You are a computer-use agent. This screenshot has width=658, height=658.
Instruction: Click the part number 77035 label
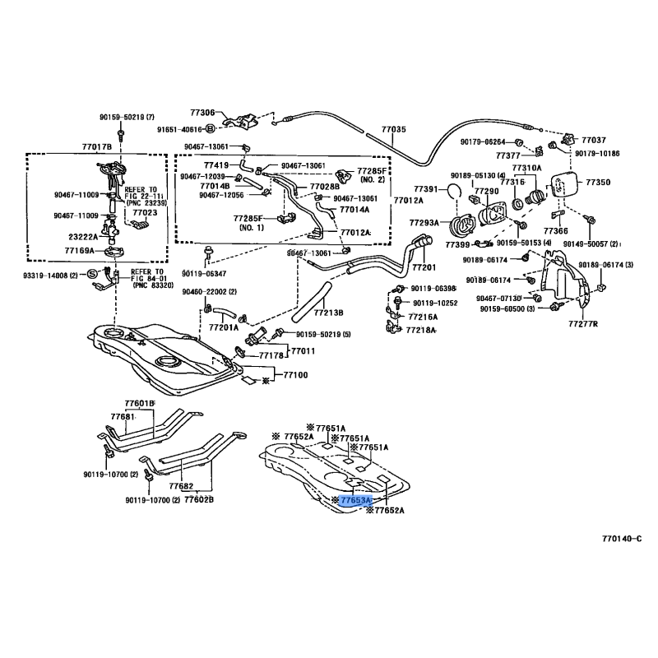[x=393, y=130]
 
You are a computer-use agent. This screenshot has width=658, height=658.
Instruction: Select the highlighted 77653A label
[x=357, y=499]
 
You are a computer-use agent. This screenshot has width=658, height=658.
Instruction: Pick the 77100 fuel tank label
[x=296, y=375]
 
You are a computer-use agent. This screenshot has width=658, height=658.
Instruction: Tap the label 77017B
[x=96, y=146]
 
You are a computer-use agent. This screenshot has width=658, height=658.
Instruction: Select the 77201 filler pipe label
[x=424, y=267]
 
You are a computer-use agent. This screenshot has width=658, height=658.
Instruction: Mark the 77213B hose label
[x=327, y=313]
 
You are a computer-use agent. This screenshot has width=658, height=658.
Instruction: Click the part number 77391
[x=427, y=189]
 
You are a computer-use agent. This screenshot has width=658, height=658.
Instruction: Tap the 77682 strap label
[x=180, y=486]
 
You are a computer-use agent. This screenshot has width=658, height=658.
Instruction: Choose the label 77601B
[x=140, y=402]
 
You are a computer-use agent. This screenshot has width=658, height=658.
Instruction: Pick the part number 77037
[x=593, y=140]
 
